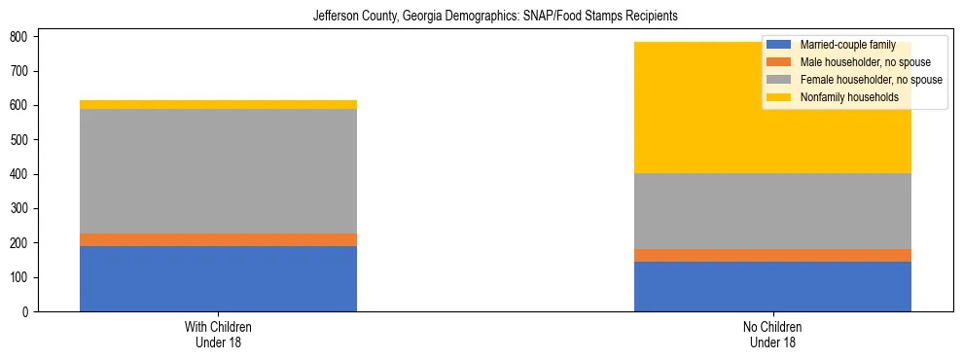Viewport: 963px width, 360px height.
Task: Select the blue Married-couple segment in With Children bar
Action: (218, 278)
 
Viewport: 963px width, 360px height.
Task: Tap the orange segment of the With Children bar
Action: (218, 239)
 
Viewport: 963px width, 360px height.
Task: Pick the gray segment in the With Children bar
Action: (218, 170)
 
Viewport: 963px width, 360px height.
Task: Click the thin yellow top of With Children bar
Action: (218, 104)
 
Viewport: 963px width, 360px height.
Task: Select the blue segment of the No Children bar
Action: (772, 286)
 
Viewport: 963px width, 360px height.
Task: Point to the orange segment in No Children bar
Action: (772, 255)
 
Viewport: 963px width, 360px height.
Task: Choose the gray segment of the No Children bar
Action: (772, 211)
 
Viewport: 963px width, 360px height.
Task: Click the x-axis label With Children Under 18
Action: (218, 334)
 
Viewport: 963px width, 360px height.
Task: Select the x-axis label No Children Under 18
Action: (772, 334)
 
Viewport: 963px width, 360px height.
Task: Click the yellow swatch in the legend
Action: (779, 97)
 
